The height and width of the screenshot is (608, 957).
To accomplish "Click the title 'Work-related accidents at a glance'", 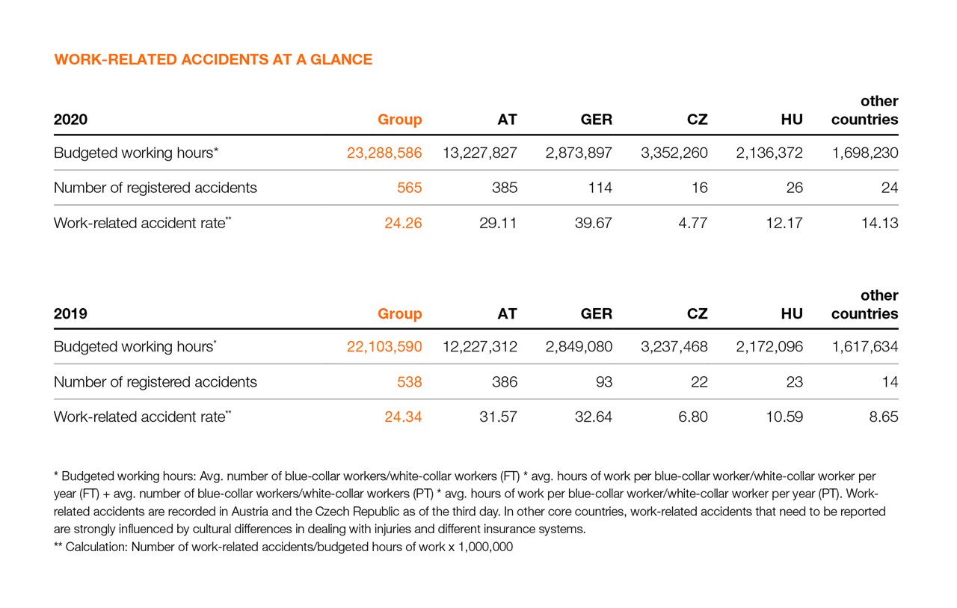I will click(x=213, y=60).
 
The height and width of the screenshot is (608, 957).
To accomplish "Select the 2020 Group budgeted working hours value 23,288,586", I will click(x=384, y=153).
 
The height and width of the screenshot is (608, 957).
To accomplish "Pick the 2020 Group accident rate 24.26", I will click(x=403, y=223).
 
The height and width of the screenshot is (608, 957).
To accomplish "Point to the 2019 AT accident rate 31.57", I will click(x=498, y=417).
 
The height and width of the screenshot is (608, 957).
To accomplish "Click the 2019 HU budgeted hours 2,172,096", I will click(x=769, y=347).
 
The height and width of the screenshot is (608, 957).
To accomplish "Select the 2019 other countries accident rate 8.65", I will click(x=883, y=417).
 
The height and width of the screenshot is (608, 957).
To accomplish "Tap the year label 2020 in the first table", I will click(x=71, y=120).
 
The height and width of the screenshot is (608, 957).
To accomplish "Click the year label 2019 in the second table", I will click(x=70, y=314).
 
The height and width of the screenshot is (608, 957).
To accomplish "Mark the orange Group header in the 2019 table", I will click(x=400, y=314).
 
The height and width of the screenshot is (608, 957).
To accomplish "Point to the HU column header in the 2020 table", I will click(x=792, y=120).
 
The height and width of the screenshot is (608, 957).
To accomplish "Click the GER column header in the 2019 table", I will click(x=597, y=314).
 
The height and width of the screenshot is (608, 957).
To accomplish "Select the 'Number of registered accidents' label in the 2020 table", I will click(x=156, y=188).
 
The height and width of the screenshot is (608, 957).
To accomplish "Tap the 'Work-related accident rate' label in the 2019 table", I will click(x=139, y=417).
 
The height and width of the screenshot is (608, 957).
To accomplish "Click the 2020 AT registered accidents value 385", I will click(x=505, y=188).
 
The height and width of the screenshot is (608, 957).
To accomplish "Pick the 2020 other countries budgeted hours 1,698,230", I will click(x=865, y=153).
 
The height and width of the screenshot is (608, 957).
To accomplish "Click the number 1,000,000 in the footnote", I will click(x=487, y=547).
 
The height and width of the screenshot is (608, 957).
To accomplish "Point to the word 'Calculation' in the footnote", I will click(x=97, y=547).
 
